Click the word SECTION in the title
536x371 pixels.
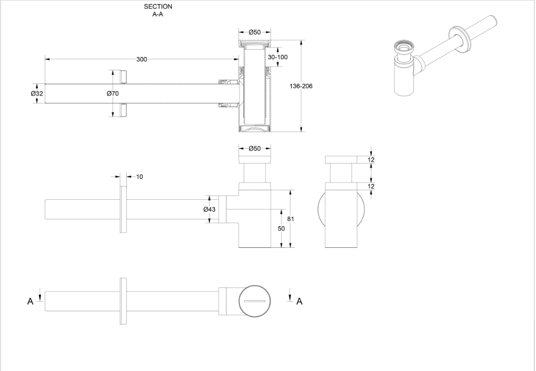pos(158,7)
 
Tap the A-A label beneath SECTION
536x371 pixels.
pos(158,14)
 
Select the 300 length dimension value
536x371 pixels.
pos(142,59)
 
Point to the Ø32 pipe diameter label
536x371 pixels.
pos(37,93)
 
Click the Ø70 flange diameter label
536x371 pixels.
pos(112,94)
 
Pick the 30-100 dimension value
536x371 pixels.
pos(278,57)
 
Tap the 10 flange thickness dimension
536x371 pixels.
pos(140,177)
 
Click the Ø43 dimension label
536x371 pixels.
pos(209,209)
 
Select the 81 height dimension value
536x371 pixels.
pos(289,218)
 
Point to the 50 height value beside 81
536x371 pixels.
pos(281,228)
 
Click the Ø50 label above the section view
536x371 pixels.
pos(255,32)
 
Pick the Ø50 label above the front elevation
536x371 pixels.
pos(255,149)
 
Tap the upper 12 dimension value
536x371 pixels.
pos(371,160)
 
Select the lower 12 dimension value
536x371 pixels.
pos(371,186)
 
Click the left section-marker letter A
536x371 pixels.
pos(31,301)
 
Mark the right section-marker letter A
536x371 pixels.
pos(299,301)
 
